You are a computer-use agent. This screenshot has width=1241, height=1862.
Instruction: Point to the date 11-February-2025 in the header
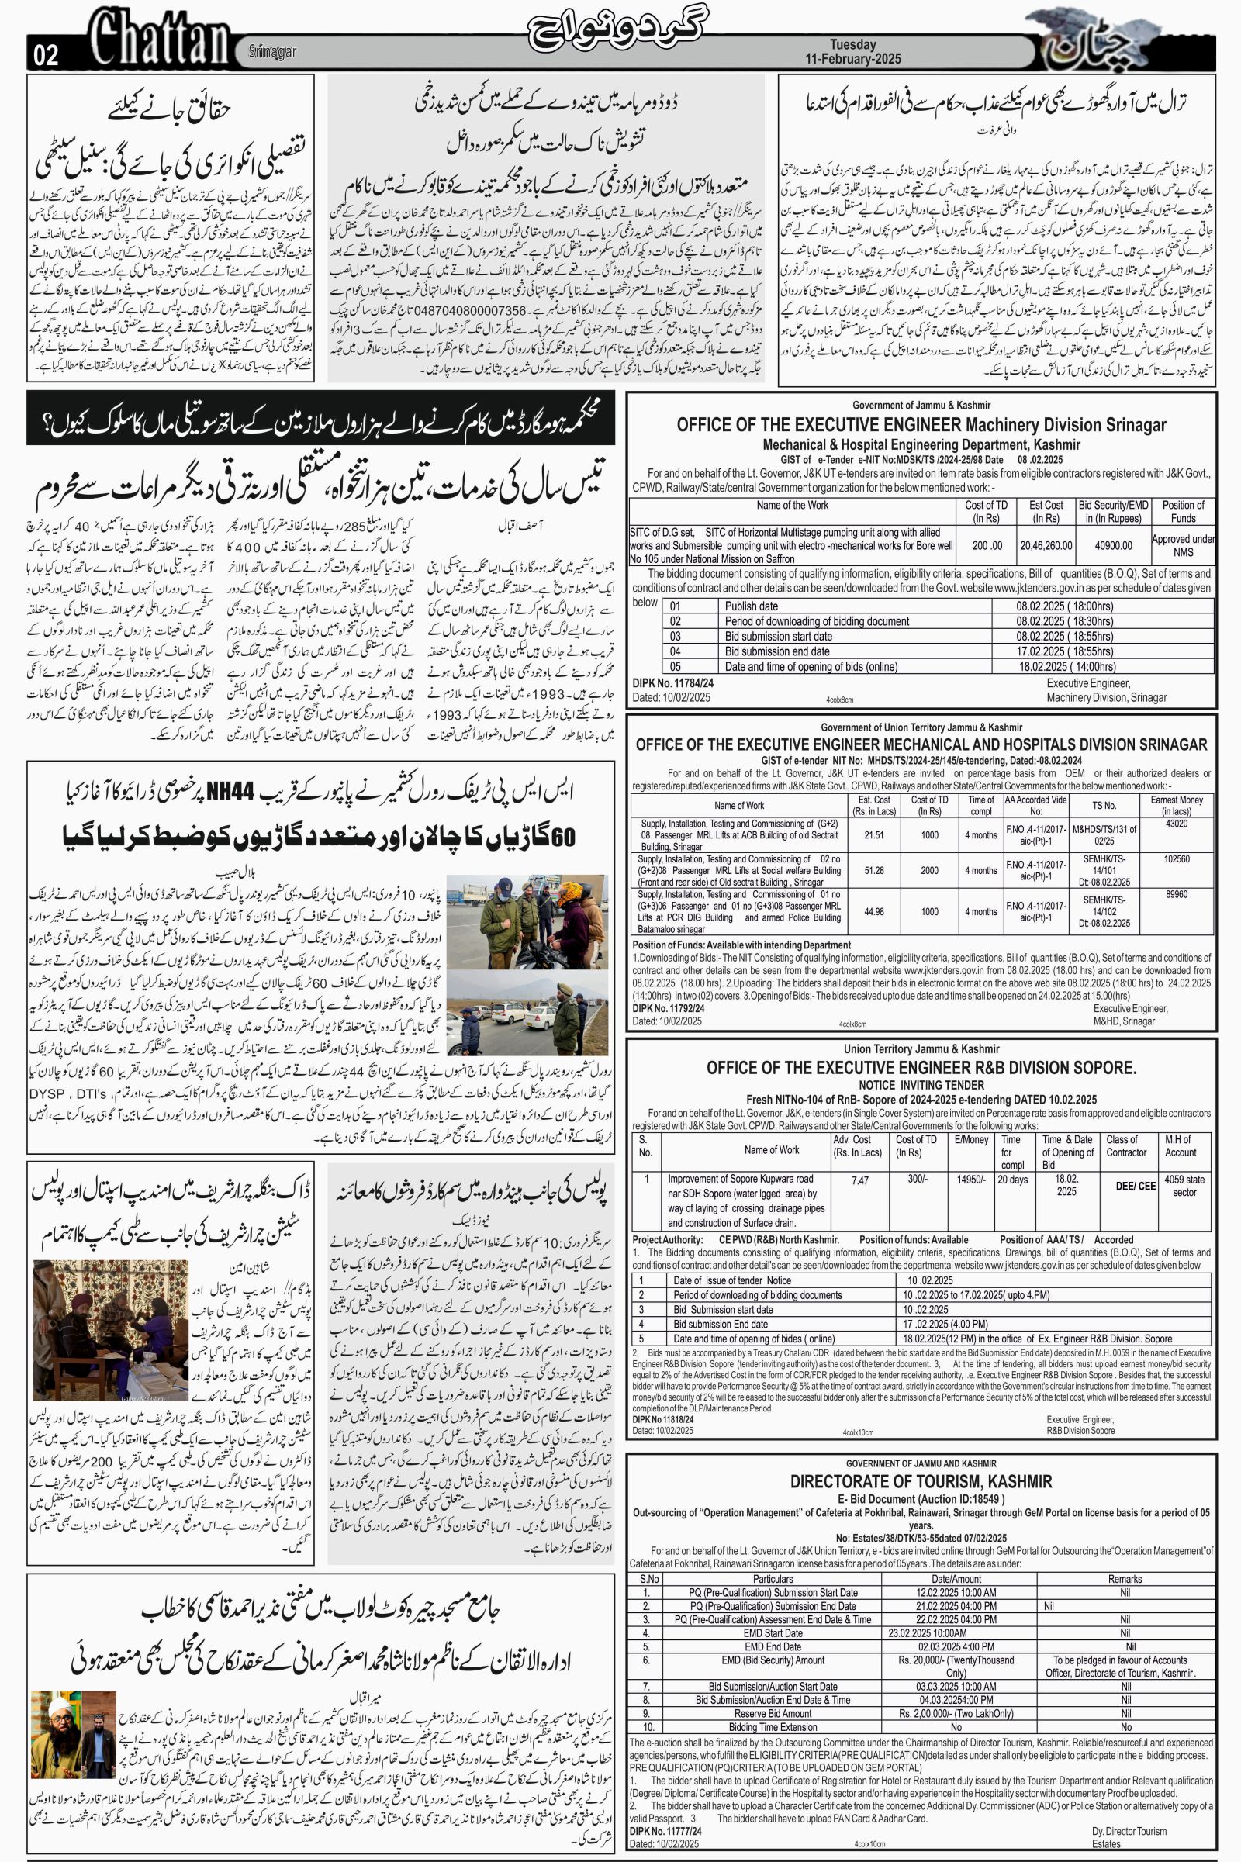coord(852,60)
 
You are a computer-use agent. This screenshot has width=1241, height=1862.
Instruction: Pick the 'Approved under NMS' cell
coord(1182,545)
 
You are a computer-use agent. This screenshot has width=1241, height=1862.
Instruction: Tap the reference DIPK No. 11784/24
coord(673,682)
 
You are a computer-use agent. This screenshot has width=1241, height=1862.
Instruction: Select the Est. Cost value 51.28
coord(874,870)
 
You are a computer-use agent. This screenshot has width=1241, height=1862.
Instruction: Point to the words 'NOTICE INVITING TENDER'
coord(921,1085)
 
